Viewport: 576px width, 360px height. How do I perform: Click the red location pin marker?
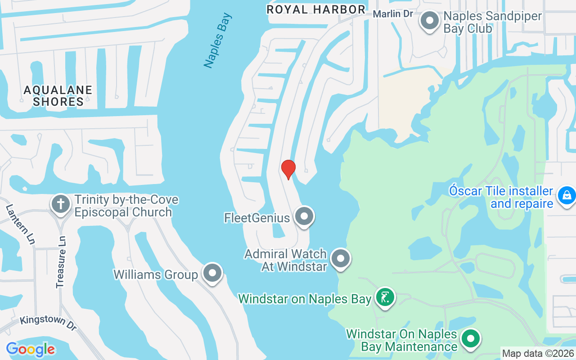click(288, 169)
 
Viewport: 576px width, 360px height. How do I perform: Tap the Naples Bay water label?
click(218, 41)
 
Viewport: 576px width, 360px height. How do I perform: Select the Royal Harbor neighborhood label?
click(315, 9)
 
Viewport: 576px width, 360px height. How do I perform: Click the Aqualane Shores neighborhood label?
click(58, 96)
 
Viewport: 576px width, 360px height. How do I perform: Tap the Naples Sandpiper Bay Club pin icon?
click(430, 21)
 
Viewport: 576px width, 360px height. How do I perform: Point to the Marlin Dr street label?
click(393, 14)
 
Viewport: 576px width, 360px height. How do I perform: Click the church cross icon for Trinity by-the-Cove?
click(61, 204)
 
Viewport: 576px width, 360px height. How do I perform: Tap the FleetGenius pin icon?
click(304, 216)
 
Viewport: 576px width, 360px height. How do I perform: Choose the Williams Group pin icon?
click(212, 273)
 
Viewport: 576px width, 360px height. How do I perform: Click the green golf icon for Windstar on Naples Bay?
click(385, 297)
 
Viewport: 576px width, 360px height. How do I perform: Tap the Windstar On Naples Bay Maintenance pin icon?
click(471, 339)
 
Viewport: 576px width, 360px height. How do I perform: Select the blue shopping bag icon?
click(567, 196)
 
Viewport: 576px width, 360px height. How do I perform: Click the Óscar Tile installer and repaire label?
click(501, 197)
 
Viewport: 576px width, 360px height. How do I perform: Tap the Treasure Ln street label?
click(61, 262)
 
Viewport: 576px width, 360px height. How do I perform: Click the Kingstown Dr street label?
click(48, 323)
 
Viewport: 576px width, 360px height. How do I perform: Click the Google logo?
click(31, 349)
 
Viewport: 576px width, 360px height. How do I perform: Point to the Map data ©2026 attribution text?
click(538, 354)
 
